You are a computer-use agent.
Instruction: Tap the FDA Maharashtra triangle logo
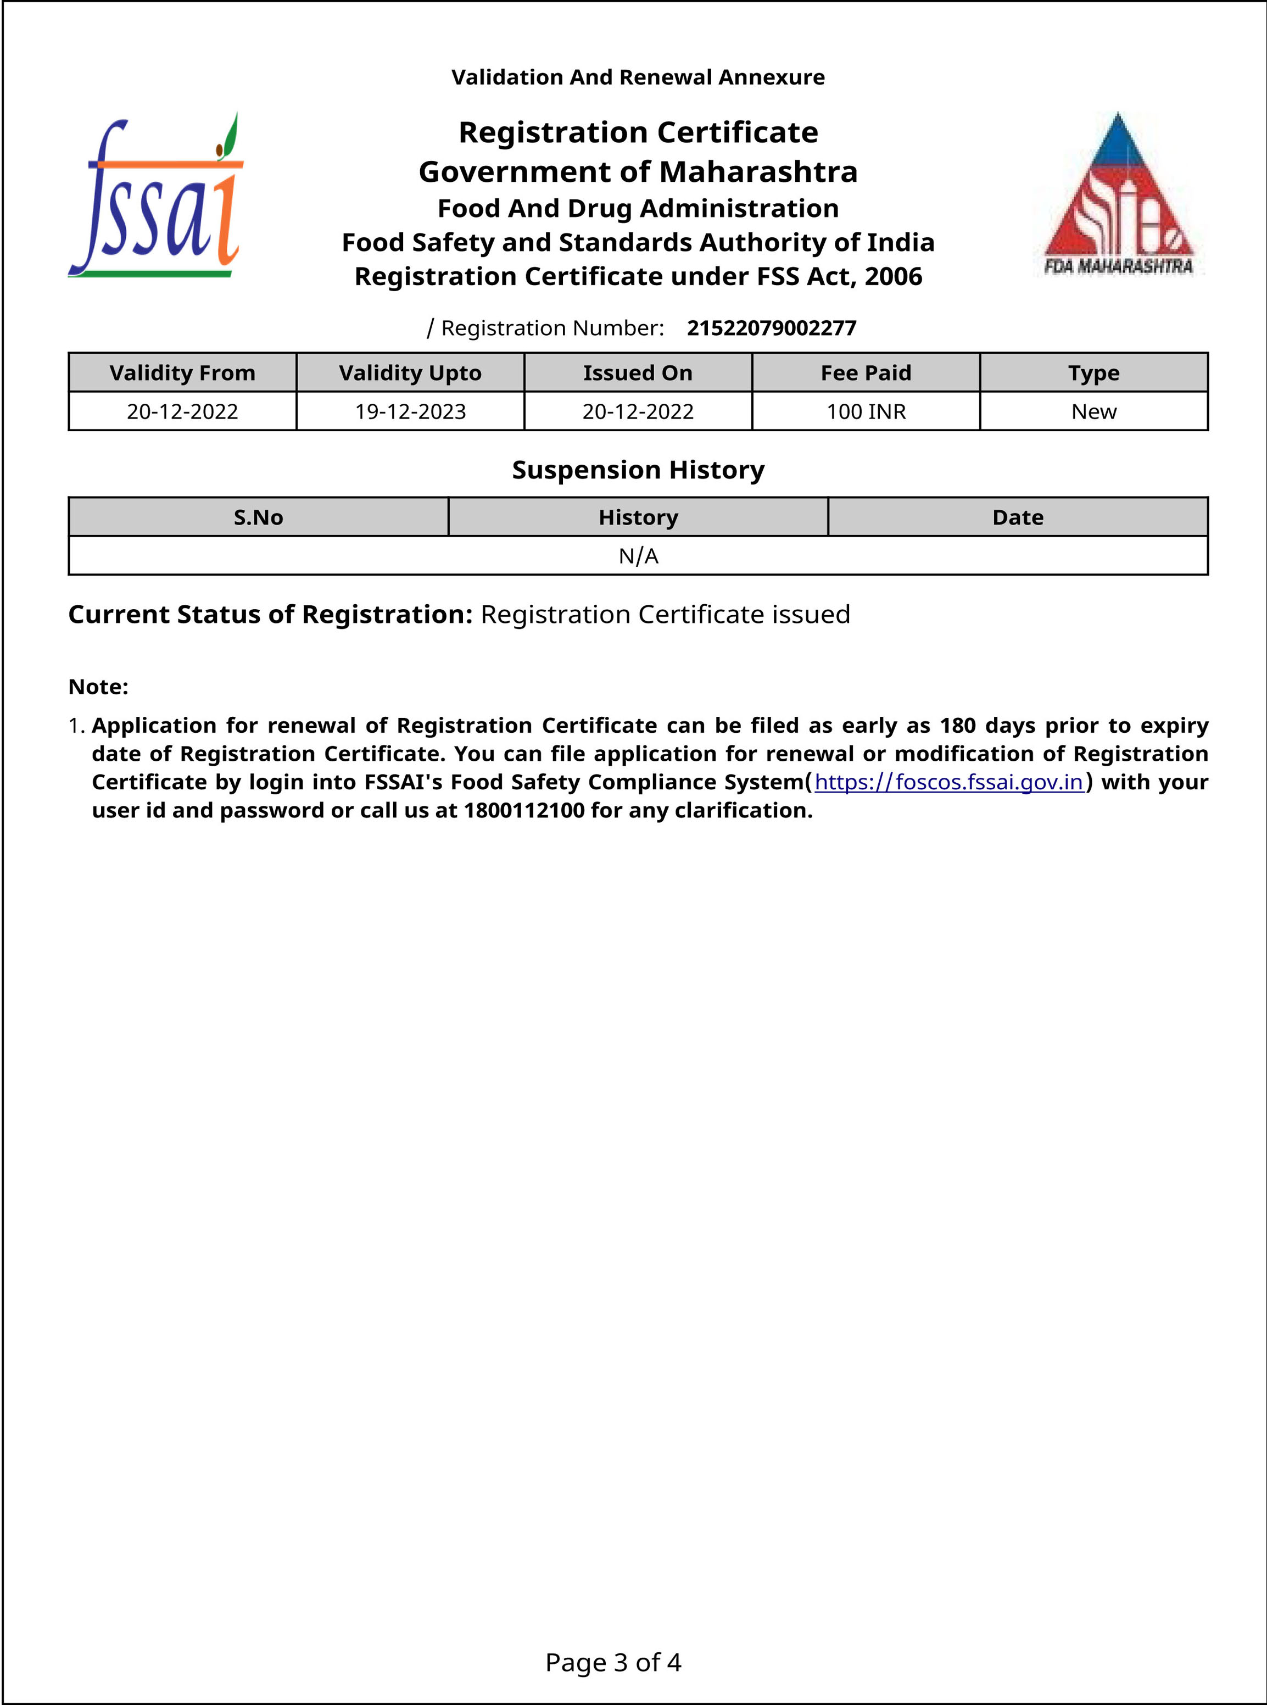tap(1118, 196)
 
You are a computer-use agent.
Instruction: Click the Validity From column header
tap(182, 373)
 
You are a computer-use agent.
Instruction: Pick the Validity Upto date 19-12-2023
tap(410, 412)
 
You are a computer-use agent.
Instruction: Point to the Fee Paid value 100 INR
tap(866, 412)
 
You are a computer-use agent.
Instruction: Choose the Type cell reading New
tap(1093, 412)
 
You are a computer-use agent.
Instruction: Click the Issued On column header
tap(637, 373)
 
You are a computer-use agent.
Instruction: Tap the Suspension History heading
tap(638, 470)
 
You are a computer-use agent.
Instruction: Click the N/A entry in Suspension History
tap(638, 556)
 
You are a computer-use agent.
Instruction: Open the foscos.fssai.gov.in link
tap(948, 782)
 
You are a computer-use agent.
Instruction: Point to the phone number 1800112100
tap(524, 811)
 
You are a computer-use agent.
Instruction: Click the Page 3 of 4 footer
tap(613, 1662)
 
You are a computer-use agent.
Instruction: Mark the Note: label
tap(98, 687)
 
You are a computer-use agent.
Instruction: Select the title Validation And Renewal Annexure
tap(638, 77)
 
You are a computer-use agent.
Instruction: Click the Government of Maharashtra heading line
tap(638, 172)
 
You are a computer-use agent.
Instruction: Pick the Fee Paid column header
tap(866, 373)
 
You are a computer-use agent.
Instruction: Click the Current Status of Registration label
tap(270, 614)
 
